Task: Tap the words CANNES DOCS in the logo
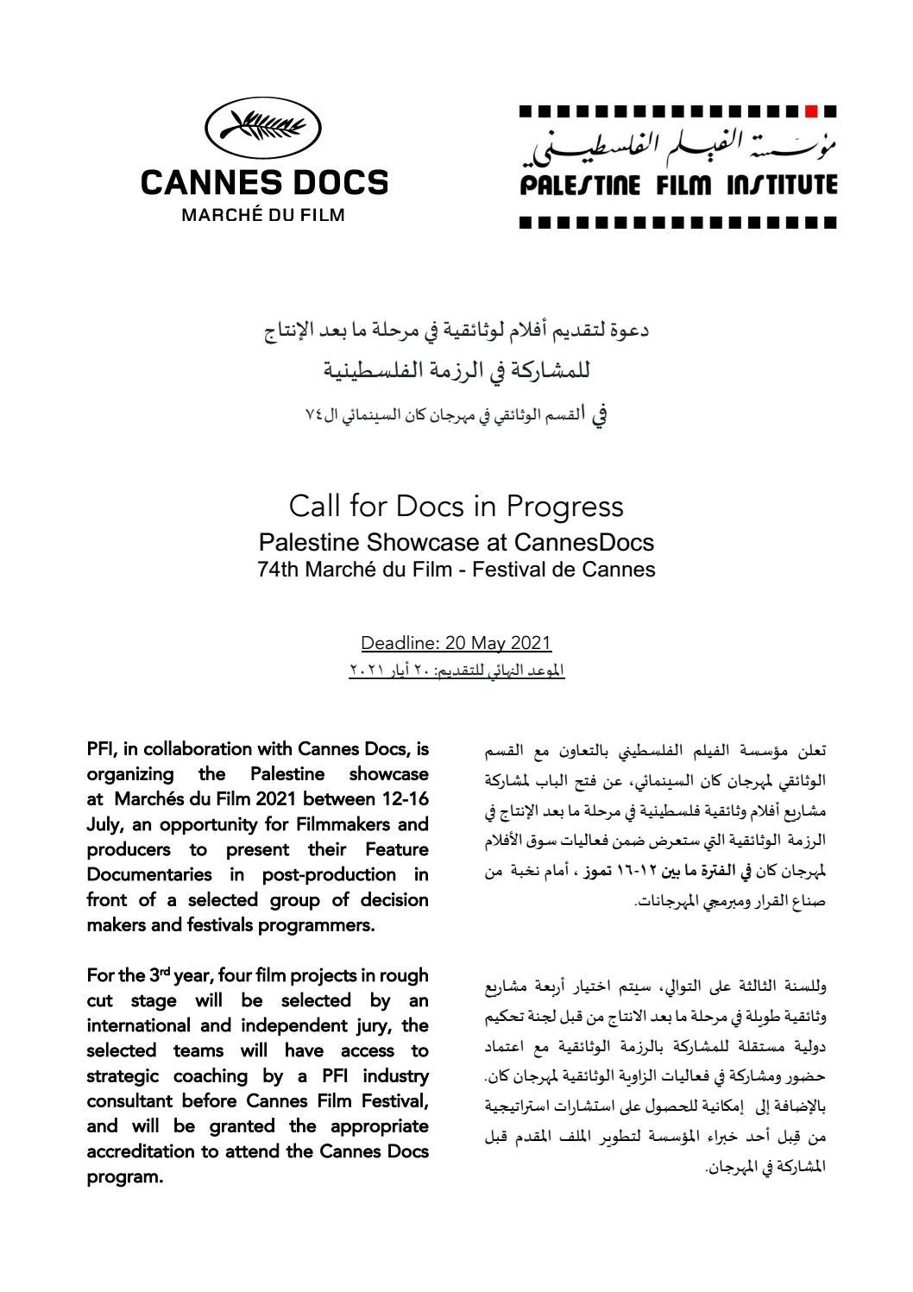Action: [264, 182]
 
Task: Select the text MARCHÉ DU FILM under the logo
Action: [262, 215]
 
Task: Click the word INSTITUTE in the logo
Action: [783, 185]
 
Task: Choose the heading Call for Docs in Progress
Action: [456, 506]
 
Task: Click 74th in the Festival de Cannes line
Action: [279, 570]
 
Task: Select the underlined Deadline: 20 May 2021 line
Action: [456, 643]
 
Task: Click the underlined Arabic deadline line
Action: [456, 670]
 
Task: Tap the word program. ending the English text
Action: [125, 1177]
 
